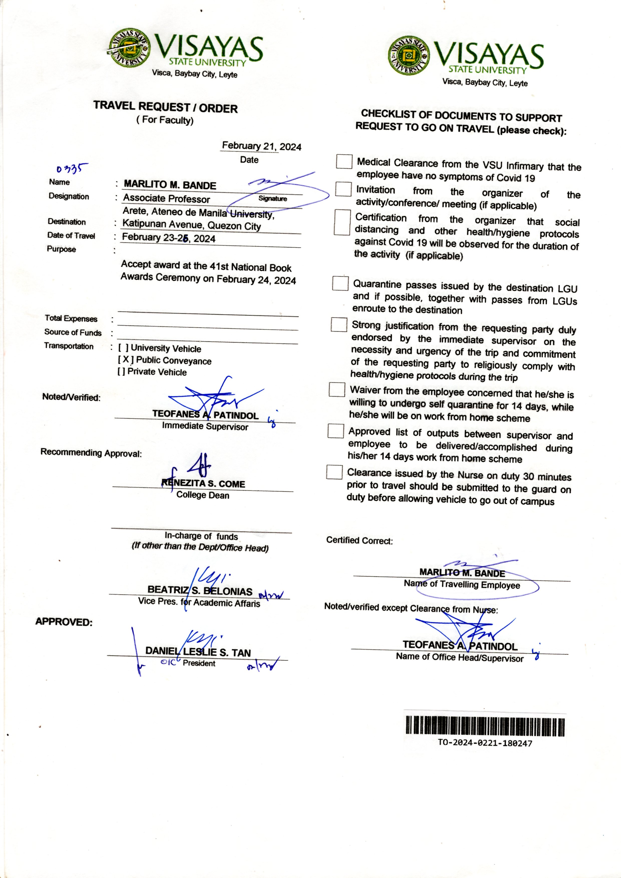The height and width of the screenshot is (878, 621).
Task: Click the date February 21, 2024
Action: (x=262, y=146)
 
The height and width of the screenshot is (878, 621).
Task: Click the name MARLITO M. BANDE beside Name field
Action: (x=170, y=185)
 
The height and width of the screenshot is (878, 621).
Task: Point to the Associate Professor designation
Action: (x=166, y=199)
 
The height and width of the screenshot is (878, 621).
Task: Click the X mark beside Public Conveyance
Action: (x=125, y=360)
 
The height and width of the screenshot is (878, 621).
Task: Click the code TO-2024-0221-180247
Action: (x=485, y=743)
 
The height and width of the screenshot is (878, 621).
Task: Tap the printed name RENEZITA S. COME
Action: (x=203, y=484)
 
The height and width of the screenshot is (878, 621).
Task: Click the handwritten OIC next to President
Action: (x=168, y=662)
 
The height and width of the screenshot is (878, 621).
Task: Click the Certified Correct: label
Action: (x=359, y=541)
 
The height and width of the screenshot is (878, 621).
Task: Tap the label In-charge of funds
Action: (x=201, y=536)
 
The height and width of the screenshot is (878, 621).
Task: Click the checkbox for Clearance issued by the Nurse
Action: (x=334, y=472)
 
